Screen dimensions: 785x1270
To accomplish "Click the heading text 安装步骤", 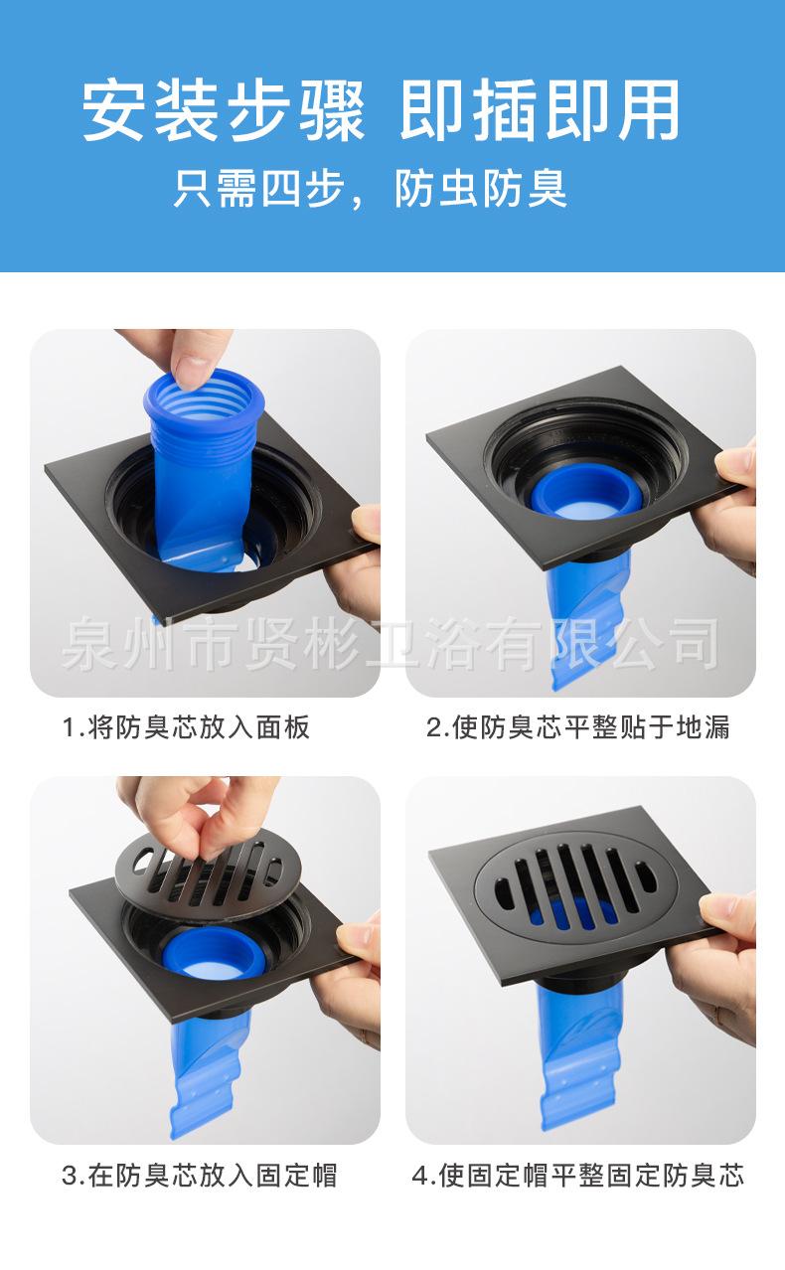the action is (224, 110).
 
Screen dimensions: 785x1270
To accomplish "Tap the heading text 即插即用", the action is (541, 110).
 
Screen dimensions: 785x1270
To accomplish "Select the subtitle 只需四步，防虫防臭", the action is (370, 188).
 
